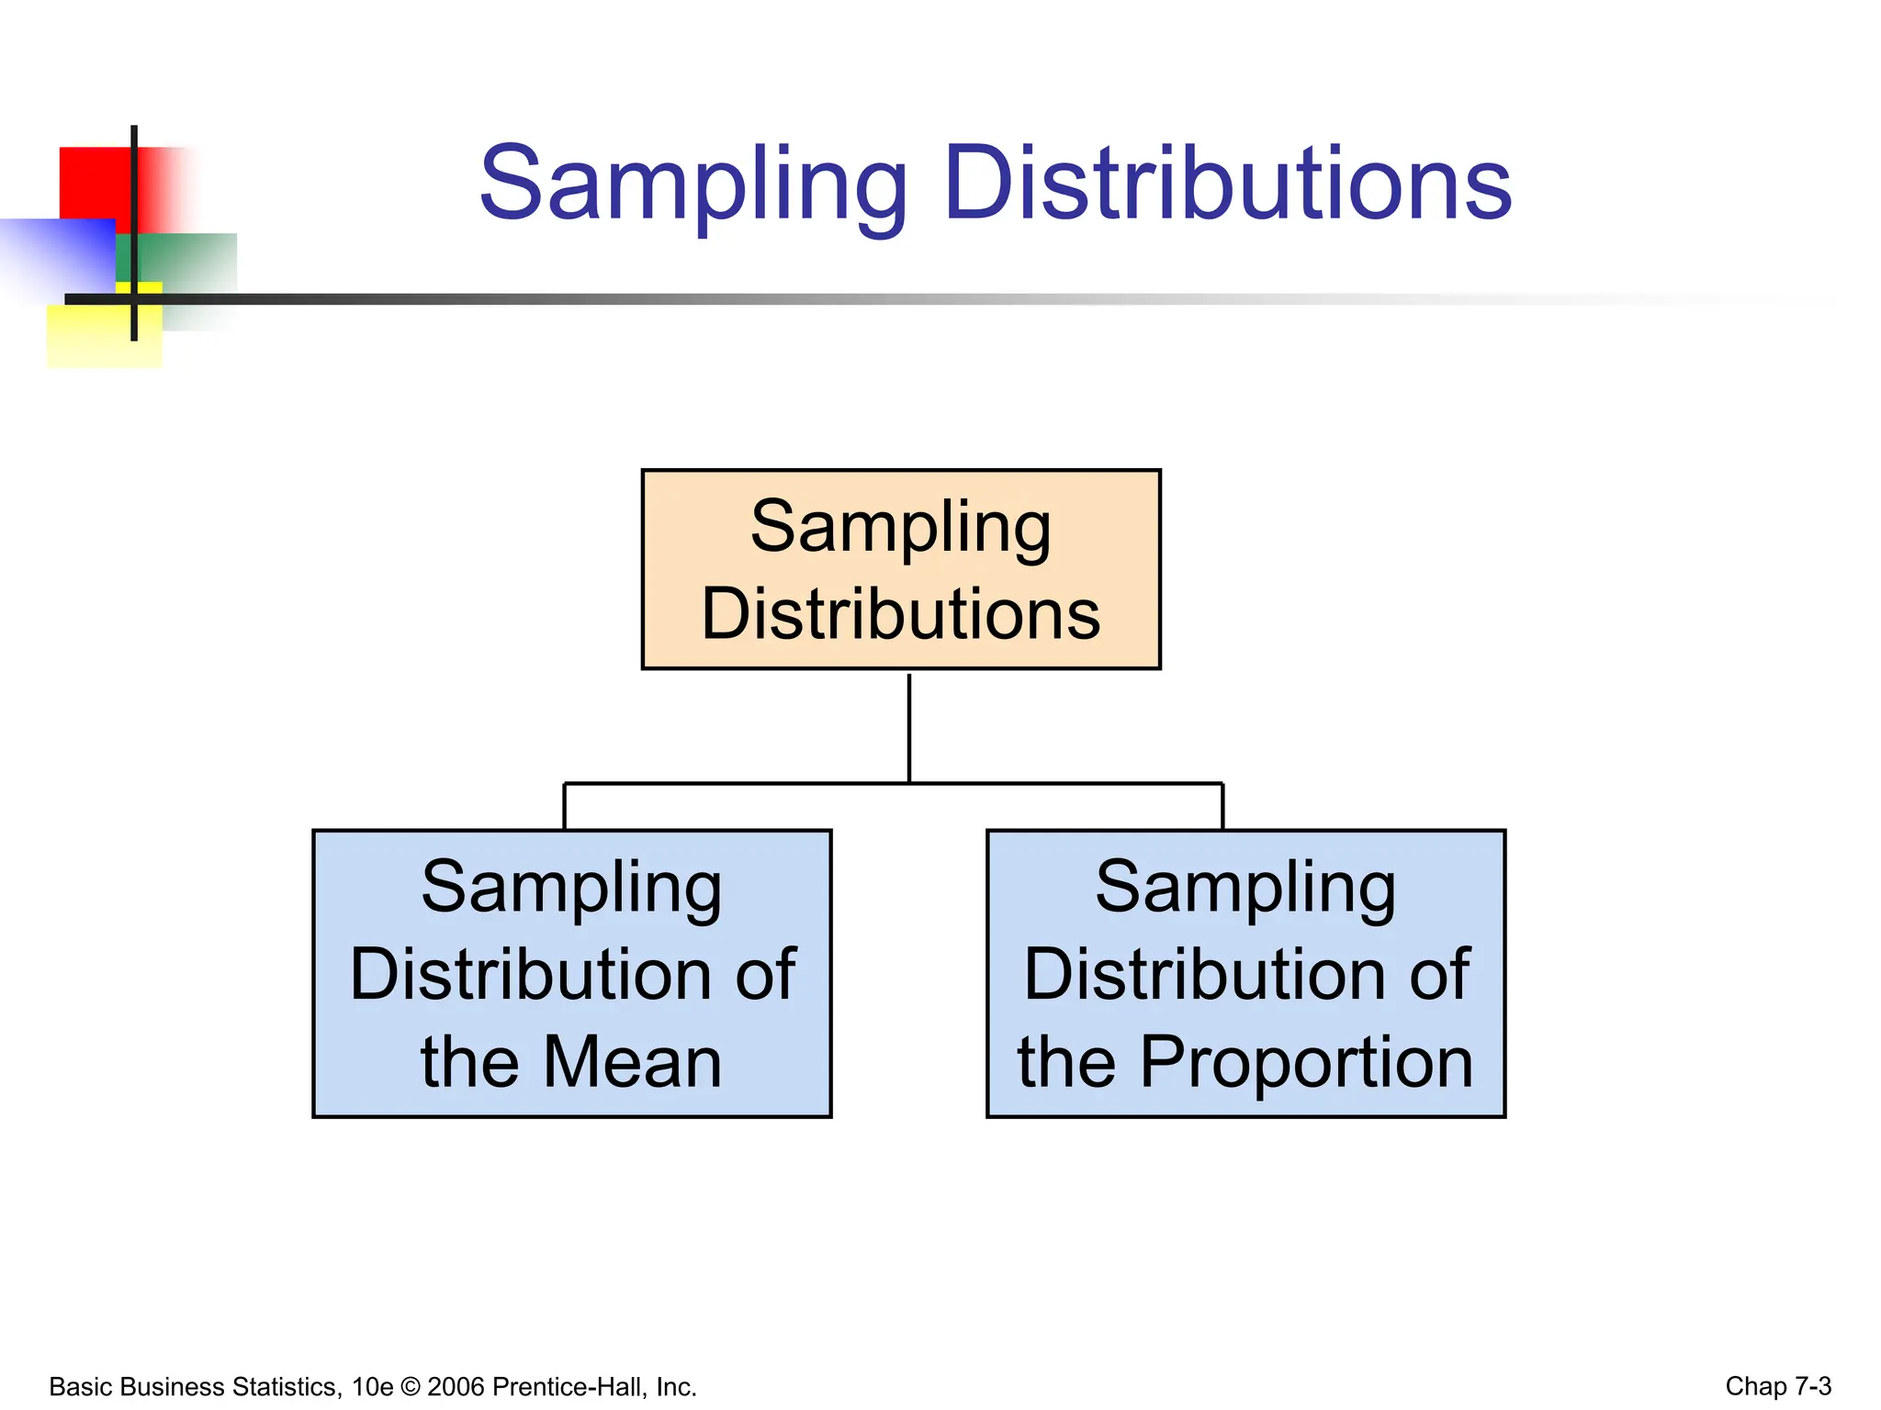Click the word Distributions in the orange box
pyautogui.click(x=901, y=614)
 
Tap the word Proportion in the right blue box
pyautogui.click(x=1307, y=1062)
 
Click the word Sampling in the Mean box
pyautogui.click(x=571, y=888)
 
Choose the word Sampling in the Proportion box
pyautogui.click(x=1245, y=888)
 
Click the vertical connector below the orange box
pyautogui.click(x=909, y=727)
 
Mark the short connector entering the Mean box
pyautogui.click(x=564, y=807)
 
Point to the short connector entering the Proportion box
pyautogui.click(x=1222, y=807)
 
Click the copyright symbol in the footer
pyautogui.click(x=410, y=1387)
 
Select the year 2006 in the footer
pyautogui.click(x=456, y=1387)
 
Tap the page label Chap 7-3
pyautogui.click(x=1778, y=1386)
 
